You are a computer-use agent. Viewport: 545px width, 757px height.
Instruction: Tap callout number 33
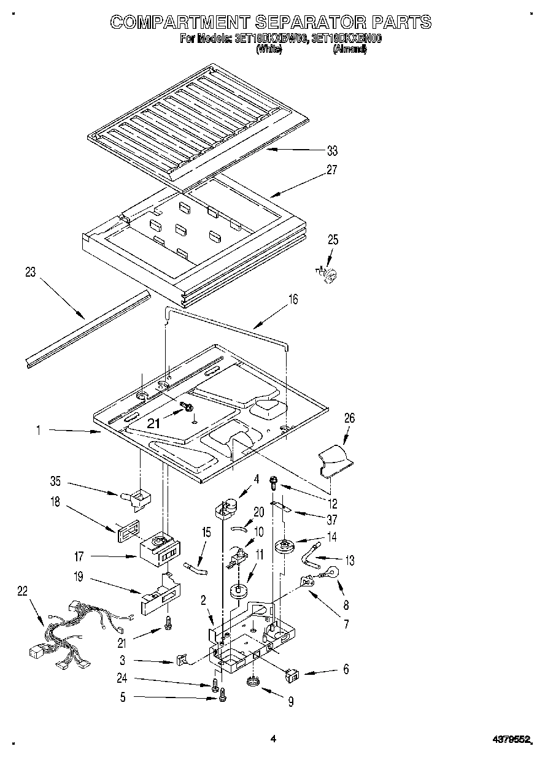pyautogui.click(x=332, y=150)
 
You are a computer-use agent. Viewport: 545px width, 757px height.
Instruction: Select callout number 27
pyautogui.click(x=332, y=171)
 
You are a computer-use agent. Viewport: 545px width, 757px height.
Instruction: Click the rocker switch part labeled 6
pyautogui.click(x=292, y=676)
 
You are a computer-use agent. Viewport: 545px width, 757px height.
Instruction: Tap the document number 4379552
pyautogui.click(x=511, y=740)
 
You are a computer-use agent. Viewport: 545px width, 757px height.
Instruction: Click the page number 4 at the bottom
pyautogui.click(x=273, y=740)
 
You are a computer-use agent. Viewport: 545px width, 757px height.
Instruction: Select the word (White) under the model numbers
pyautogui.click(x=268, y=50)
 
